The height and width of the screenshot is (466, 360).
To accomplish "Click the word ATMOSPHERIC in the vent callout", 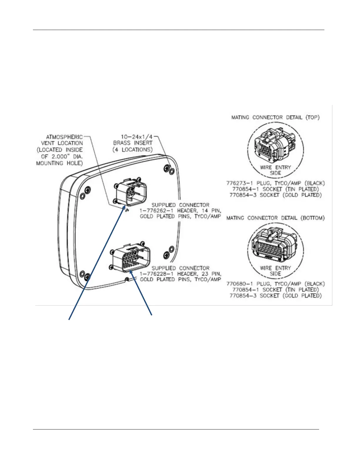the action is pyautogui.click(x=64, y=137).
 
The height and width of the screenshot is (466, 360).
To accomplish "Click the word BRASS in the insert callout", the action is pyautogui.click(x=122, y=143).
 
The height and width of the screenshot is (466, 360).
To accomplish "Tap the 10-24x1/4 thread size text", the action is pyautogui.click(x=137, y=137).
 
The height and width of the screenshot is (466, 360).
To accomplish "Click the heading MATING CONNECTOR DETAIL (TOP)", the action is pyautogui.click(x=275, y=117).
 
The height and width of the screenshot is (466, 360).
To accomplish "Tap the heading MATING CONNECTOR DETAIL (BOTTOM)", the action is pyautogui.click(x=275, y=218).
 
